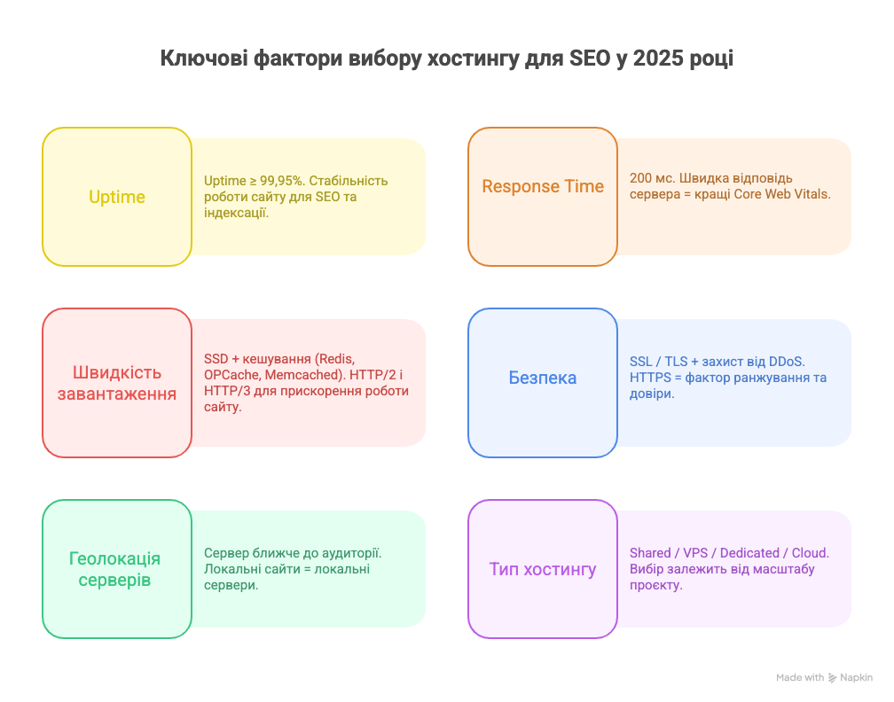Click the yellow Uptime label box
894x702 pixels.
coord(117,197)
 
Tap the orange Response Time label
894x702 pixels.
coord(543,187)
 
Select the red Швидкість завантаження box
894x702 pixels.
coord(117,383)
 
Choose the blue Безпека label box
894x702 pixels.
coord(543,378)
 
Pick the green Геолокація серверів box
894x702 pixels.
coord(117,569)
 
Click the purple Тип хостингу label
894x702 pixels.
coord(543,569)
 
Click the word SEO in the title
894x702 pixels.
coord(592,59)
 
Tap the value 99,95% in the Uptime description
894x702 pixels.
coord(278,181)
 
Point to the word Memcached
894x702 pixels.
coord(304,374)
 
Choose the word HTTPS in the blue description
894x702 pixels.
coord(652,378)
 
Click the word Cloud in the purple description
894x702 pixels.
coord(808,553)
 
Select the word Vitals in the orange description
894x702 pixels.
coord(811,193)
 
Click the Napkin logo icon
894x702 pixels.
coord(833,678)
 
